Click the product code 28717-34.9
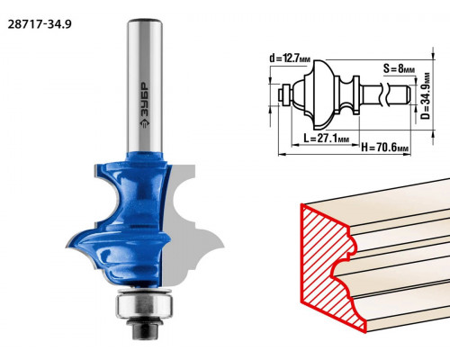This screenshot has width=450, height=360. [40, 24]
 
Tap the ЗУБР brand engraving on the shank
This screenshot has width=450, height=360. [145, 105]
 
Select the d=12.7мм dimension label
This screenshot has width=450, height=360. [290, 58]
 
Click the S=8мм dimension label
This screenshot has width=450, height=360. [399, 68]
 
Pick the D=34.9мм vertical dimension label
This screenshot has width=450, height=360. [426, 95]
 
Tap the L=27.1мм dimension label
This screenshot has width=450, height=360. [327, 139]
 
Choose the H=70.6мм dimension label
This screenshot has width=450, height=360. [385, 148]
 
